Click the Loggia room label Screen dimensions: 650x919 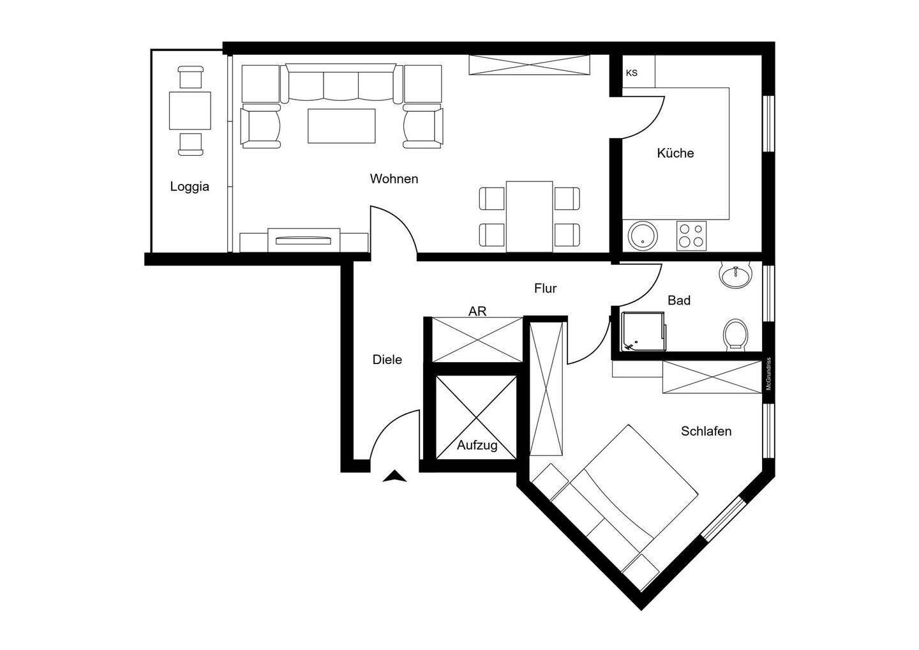[190, 187]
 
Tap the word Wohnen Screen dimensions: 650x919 [394, 179]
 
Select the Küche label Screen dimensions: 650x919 [675, 153]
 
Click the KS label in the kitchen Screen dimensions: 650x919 [631, 73]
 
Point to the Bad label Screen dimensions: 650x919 [679, 300]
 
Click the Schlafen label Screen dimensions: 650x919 [706, 431]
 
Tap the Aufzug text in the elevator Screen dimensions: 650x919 [477, 446]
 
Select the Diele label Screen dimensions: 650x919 [387, 360]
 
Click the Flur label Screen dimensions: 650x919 [545, 289]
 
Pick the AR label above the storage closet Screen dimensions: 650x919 [477, 312]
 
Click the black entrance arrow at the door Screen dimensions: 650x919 [396, 476]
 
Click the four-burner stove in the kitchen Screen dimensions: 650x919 [692, 236]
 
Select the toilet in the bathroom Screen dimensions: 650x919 [735, 334]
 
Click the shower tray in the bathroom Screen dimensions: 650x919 [643, 331]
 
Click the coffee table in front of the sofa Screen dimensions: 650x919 [341, 126]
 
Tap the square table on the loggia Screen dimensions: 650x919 [190, 110]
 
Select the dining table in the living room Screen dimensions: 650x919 [529, 216]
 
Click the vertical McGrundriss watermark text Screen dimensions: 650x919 [769, 374]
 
